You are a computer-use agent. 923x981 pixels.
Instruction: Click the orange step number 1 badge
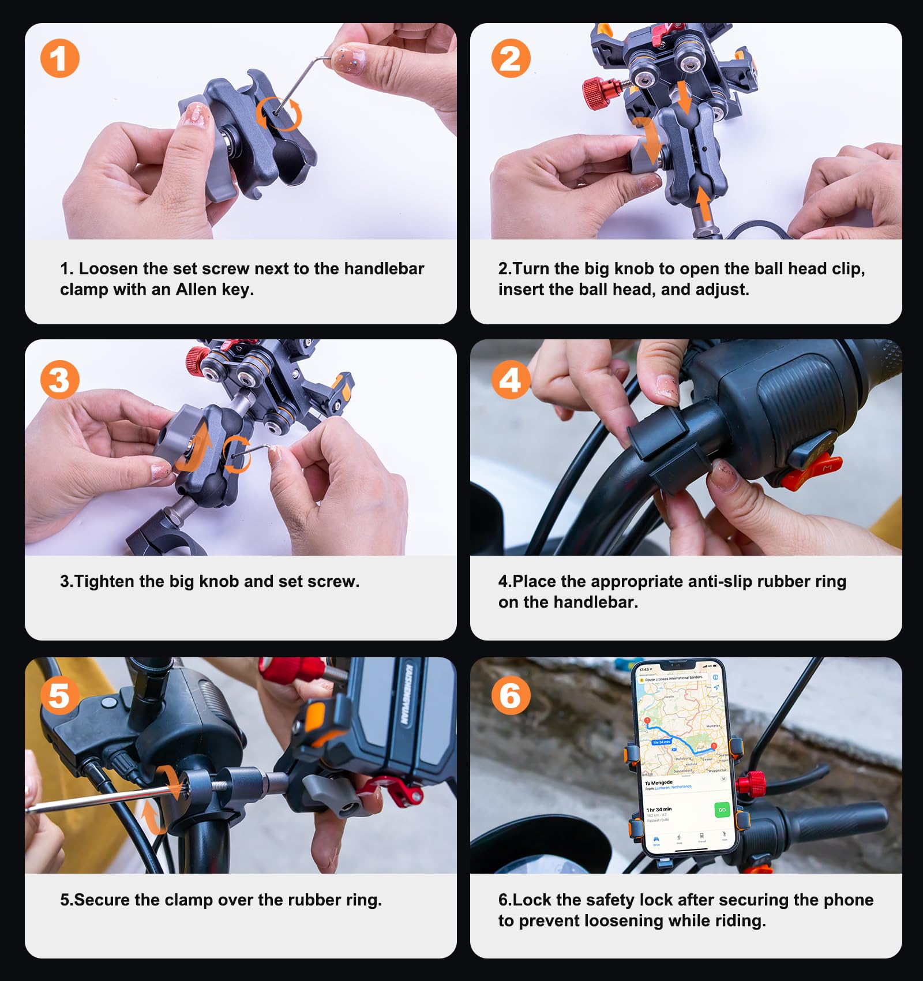click(59, 58)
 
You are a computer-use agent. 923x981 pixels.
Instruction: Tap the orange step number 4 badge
click(510, 380)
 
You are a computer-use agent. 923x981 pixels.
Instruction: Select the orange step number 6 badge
click(510, 695)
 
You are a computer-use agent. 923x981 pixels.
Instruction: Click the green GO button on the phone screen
click(721, 810)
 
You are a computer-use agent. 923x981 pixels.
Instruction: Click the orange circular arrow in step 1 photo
click(279, 114)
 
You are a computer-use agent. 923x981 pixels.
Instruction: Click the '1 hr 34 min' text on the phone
click(659, 809)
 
